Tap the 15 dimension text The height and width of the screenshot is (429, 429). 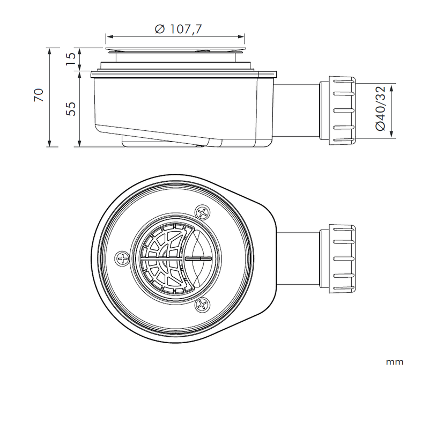[70, 58]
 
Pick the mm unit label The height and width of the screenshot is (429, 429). [394, 362]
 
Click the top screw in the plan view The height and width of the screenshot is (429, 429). [203, 212]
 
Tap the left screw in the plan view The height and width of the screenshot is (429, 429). [123, 258]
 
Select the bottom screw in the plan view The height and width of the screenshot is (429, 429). [203, 306]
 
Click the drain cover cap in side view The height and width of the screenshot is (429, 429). [175, 50]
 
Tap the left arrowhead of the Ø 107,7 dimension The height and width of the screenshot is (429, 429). [108, 37]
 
